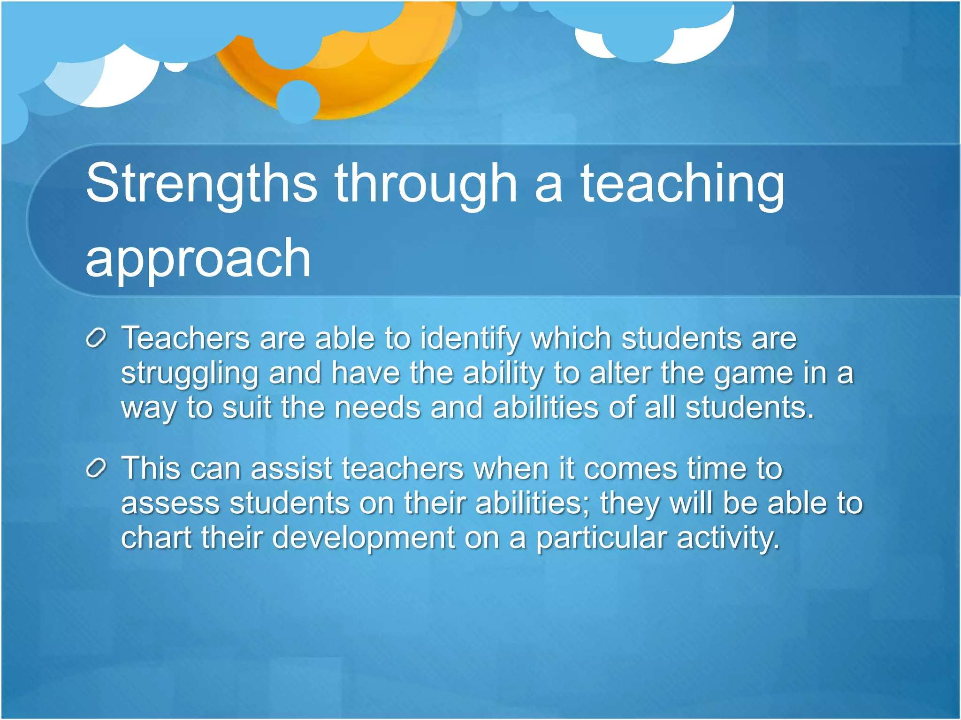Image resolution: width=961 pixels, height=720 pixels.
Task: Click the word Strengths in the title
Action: coord(201,184)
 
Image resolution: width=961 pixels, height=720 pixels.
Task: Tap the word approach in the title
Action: coord(198,259)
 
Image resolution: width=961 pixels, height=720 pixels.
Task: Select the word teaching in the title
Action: coord(682,184)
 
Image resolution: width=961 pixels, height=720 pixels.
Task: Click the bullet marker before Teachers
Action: coord(96,338)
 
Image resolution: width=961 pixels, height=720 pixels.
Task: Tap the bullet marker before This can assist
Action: coord(96,469)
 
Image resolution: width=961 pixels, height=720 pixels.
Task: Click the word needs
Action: coord(378,407)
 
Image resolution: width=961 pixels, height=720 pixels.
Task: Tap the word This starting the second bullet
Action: coord(151,468)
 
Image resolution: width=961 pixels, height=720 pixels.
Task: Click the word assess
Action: coord(171,503)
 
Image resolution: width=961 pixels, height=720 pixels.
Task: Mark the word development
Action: coord(363,538)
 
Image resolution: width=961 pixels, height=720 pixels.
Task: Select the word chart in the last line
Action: coord(157,538)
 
